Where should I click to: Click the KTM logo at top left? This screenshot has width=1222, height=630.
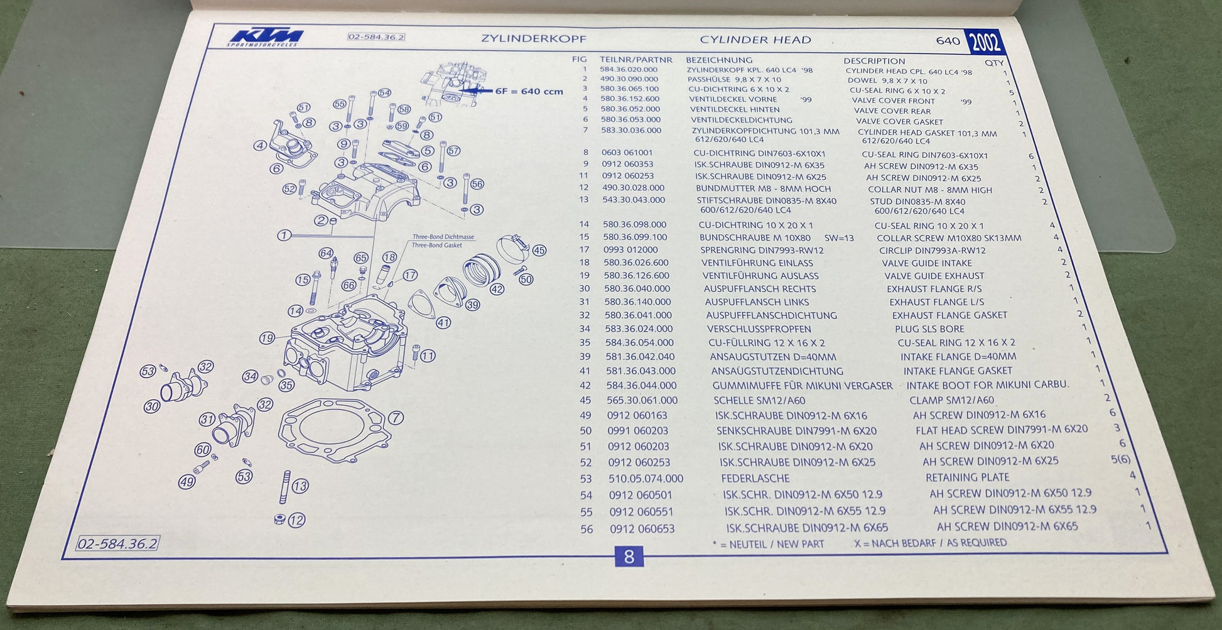pos(264,37)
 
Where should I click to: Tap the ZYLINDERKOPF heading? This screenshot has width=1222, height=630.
pos(533,38)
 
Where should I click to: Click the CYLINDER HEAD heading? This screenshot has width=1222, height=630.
pos(755,40)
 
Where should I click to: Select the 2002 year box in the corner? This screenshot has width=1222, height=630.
pos(984,43)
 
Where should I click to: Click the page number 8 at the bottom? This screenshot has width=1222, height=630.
pos(629,557)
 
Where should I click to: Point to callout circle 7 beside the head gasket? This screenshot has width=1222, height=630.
pos(396,418)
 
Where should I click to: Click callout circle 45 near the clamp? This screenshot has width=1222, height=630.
pos(539,250)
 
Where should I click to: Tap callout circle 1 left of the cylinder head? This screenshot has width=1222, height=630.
pos(284,235)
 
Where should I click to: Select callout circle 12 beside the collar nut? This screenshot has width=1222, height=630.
pos(297,520)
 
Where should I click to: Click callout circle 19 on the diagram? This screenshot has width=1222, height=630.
pos(267,338)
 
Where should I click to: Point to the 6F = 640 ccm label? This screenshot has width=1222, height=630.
pos(529,91)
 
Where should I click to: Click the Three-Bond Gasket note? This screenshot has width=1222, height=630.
pos(436,245)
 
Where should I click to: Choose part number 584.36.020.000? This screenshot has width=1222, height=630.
pos(628,70)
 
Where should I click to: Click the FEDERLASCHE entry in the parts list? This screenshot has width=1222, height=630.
pos(755,478)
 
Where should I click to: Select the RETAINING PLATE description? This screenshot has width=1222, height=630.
pos(967,477)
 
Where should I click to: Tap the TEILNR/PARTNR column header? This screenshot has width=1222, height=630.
pos(635,60)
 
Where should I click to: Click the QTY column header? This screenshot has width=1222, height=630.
pos(994,63)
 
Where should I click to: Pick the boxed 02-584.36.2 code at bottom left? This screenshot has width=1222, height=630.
pos(117,543)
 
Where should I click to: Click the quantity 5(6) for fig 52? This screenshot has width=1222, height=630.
pos(1120,460)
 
